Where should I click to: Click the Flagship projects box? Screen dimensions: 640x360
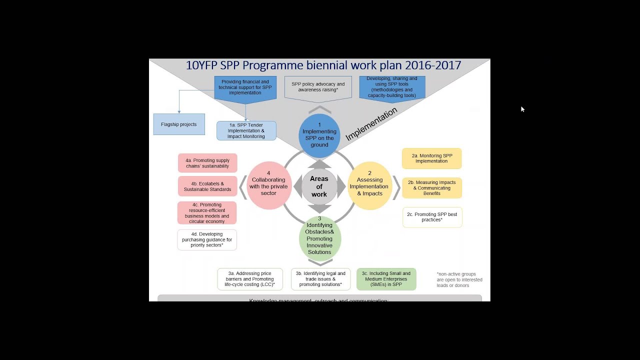pos(179,124)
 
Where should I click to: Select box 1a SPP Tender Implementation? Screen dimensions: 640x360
pos(246,130)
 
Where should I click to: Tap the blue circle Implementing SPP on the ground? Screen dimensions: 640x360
pos(319,135)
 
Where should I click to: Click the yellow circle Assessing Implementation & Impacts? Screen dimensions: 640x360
pos(369,186)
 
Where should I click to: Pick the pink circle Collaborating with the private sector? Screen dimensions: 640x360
pos(268,186)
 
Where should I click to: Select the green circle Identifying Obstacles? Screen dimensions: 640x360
pos(319,238)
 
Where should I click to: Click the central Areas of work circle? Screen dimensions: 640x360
pos(319,186)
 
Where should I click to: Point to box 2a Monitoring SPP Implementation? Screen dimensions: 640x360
pos(431,158)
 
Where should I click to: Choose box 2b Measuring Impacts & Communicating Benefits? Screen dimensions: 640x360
pos(431,188)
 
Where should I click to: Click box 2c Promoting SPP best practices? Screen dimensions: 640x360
pos(432,217)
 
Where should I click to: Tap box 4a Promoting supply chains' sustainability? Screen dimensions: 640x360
pos(207,163)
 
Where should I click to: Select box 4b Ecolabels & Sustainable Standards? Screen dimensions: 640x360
pos(207,186)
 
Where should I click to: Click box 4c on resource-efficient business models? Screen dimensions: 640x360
pos(207,213)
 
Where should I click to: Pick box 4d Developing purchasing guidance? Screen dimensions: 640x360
pos(207,240)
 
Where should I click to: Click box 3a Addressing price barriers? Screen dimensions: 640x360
pos(250,279)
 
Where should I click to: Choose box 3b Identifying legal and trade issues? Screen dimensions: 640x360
pos(320,279)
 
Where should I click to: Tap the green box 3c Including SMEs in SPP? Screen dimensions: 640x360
pos(386,279)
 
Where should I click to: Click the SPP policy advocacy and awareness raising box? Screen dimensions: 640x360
pos(318,87)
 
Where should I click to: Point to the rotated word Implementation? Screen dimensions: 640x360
pos(371,124)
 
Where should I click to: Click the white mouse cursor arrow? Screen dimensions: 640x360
pos(522,109)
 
